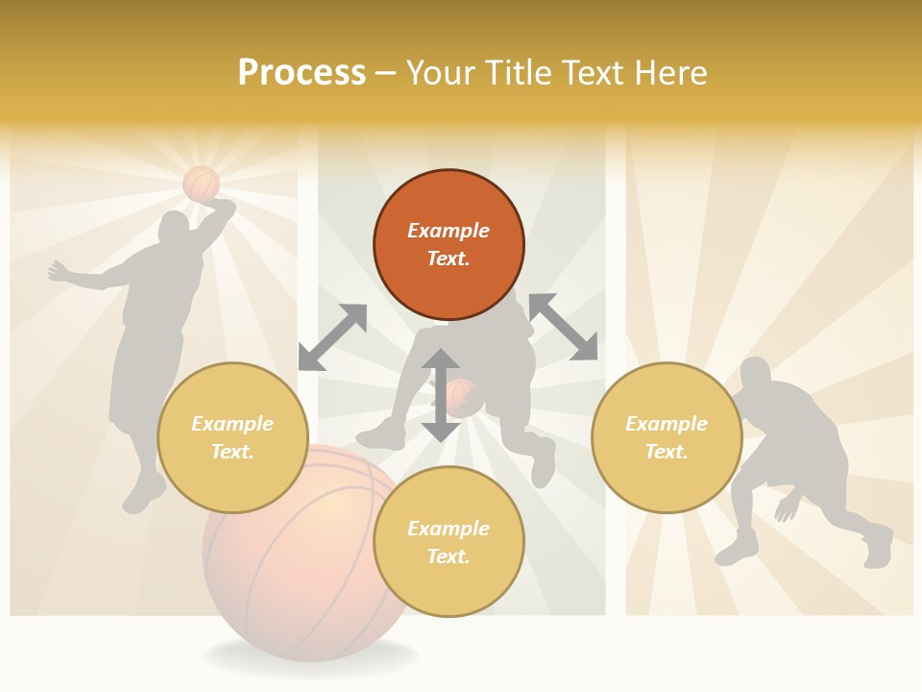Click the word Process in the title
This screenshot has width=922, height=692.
pyautogui.click(x=302, y=73)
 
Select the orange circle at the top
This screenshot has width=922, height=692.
pyautogui.click(x=449, y=244)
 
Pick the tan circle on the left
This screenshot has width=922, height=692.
pyautogui.click(x=232, y=437)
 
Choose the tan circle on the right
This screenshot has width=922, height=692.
pyautogui.click(x=667, y=437)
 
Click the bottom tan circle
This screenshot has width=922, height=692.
pyautogui.click(x=449, y=542)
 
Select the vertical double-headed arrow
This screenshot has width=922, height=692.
pyautogui.click(x=440, y=395)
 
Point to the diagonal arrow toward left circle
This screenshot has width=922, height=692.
pyautogui.click(x=332, y=336)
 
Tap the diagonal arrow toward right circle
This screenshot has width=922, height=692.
pyautogui.click(x=563, y=327)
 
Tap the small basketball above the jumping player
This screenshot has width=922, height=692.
pyautogui.click(x=201, y=183)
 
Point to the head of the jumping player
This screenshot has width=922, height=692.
pyautogui.click(x=175, y=229)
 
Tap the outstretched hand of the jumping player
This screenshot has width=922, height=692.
pyautogui.click(x=56, y=270)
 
